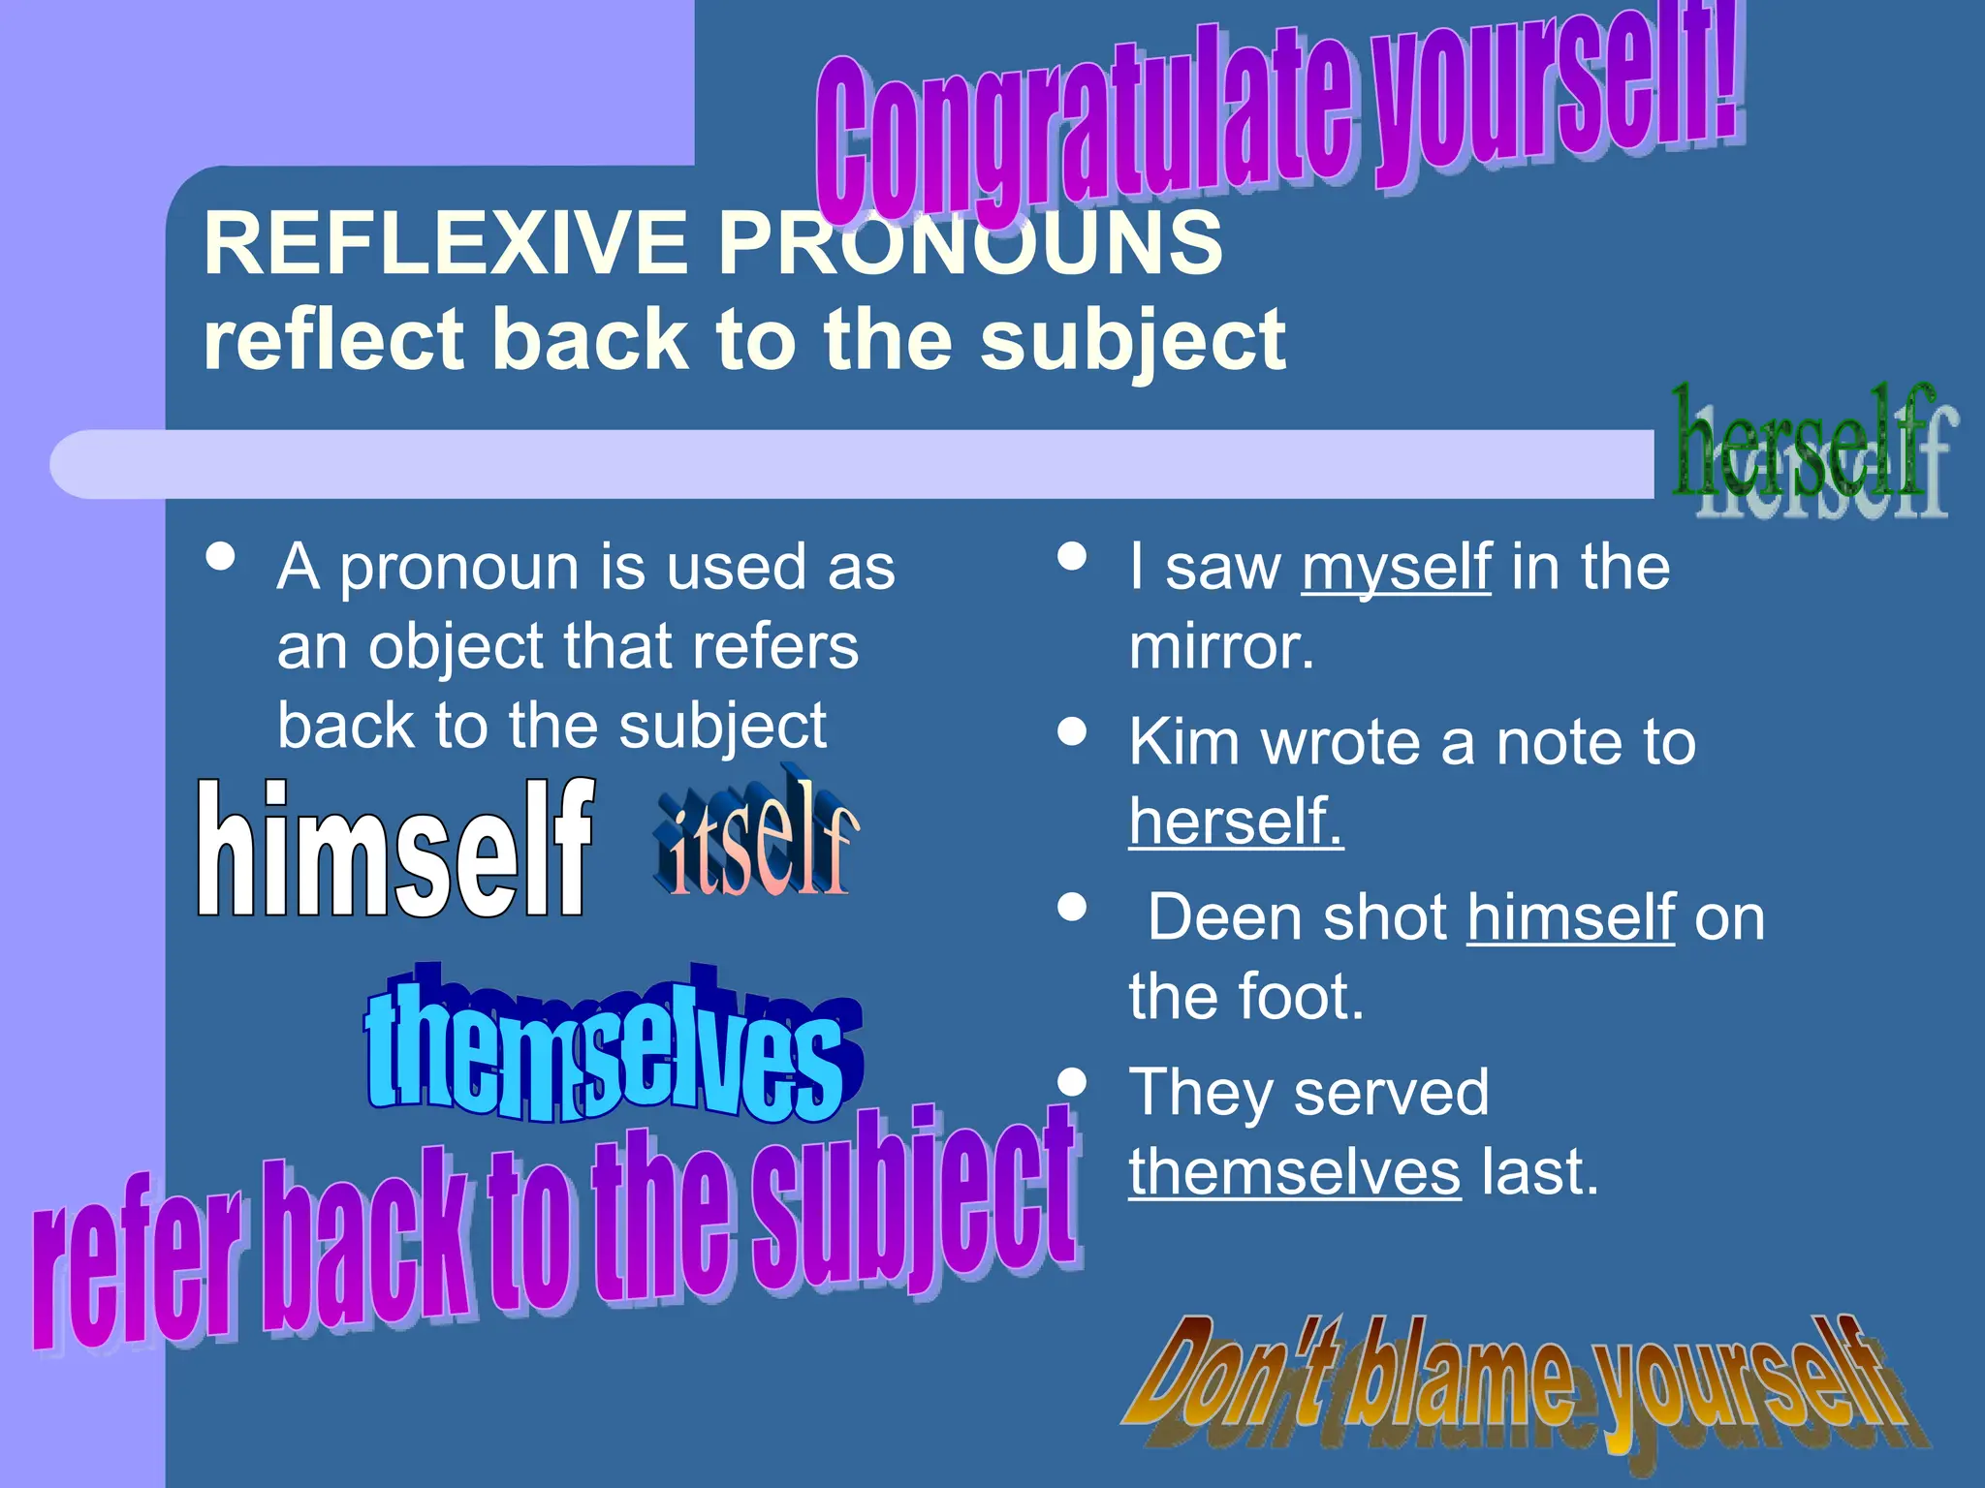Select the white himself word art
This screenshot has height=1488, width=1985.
394,851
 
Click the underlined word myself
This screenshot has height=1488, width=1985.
1396,568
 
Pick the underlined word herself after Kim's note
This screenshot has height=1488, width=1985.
1236,821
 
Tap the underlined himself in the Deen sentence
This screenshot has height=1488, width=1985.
1570,917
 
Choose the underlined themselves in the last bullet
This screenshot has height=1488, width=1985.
1294,1172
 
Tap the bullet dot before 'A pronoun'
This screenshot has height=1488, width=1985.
221,557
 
